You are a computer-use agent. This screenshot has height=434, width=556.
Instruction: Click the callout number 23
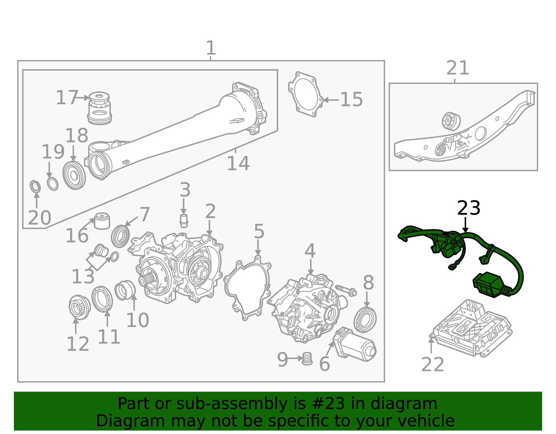point(468,208)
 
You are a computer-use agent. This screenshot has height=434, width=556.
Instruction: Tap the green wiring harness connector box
point(488,285)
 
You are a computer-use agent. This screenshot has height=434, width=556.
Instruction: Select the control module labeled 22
point(471,328)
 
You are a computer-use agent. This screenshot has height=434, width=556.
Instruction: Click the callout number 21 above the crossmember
point(458,68)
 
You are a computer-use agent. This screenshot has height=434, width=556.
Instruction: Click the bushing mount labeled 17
point(99,108)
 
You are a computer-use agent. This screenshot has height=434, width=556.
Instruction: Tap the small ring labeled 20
point(35,187)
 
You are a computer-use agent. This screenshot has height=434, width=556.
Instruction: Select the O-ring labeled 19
point(53,184)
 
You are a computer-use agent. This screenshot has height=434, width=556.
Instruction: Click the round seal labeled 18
point(74,175)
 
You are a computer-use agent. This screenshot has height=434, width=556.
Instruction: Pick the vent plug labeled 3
point(183,221)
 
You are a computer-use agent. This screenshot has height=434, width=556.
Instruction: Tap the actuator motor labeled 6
point(354,344)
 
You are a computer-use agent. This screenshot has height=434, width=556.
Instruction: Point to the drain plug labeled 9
point(307,359)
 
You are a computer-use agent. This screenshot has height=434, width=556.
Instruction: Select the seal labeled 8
point(365,320)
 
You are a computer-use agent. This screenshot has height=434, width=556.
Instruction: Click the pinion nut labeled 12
point(79,307)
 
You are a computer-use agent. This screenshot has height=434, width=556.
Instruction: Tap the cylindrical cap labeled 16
point(102,221)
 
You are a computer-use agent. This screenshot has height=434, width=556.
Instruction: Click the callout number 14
point(238,164)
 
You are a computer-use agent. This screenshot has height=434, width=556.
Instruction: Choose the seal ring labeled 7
point(120,236)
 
